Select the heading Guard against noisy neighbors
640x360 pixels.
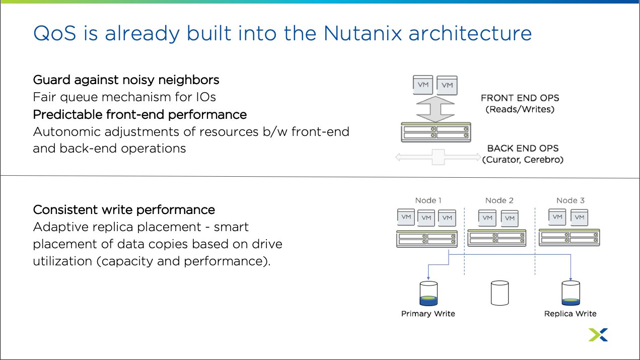(x=126, y=80)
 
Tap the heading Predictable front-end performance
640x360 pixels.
(x=139, y=114)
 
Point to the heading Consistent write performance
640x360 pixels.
(x=124, y=209)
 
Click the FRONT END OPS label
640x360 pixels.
(x=520, y=98)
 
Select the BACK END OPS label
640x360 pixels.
(x=523, y=149)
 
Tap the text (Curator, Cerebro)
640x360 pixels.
(x=523, y=160)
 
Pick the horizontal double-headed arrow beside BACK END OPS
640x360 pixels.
(x=438, y=157)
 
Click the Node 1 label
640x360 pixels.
(x=428, y=200)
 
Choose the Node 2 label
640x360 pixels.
(x=499, y=200)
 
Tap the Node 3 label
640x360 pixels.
(x=570, y=200)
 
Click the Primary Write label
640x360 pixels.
(x=428, y=314)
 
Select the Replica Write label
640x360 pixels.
(x=570, y=314)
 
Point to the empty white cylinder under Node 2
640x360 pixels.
(x=500, y=293)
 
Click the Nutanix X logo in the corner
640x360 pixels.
(x=598, y=335)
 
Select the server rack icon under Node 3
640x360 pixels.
(x=569, y=237)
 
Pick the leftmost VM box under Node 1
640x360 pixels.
(x=406, y=217)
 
